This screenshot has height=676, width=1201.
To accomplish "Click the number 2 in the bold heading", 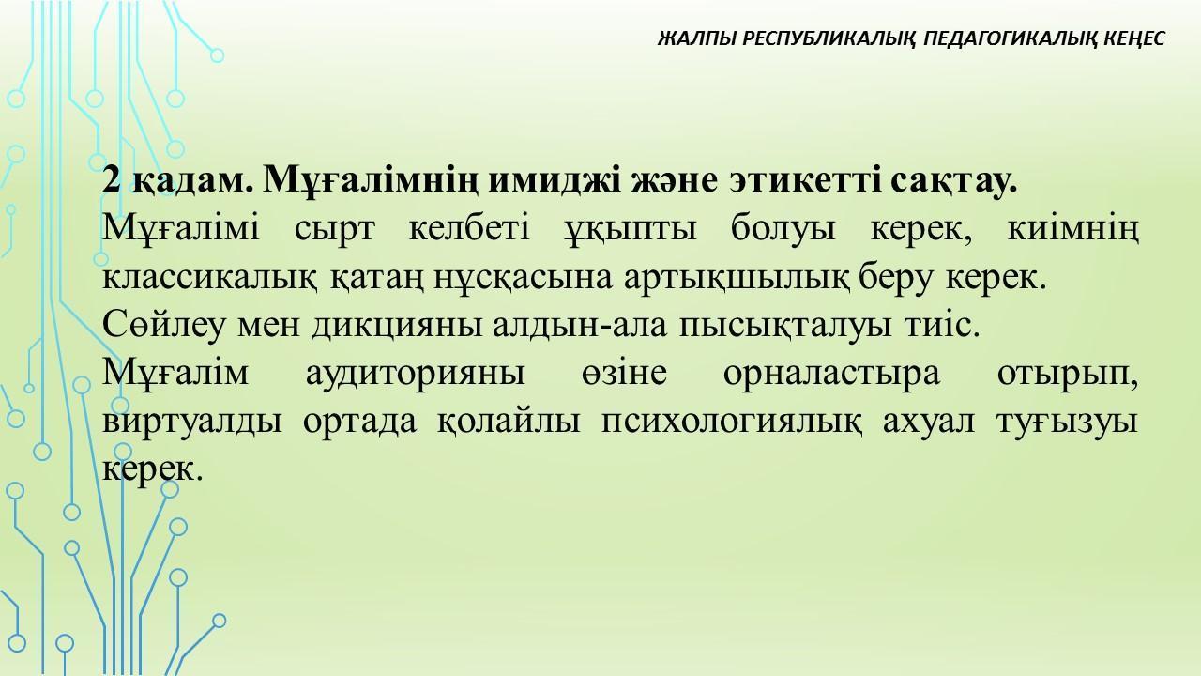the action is (111, 179).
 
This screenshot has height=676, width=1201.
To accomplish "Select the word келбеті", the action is (469, 227).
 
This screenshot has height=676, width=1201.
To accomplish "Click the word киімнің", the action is (1072, 229).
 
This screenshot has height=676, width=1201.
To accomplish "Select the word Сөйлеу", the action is (163, 326).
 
